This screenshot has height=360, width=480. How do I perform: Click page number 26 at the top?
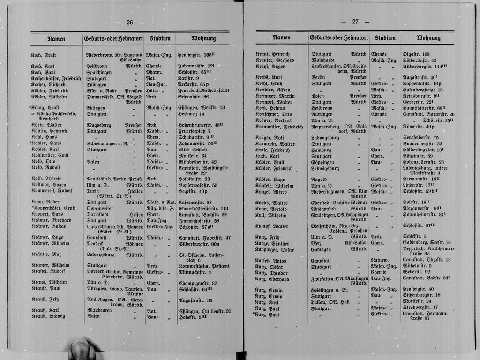(x=130, y=22)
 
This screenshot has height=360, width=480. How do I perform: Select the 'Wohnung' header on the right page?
(x=428, y=37)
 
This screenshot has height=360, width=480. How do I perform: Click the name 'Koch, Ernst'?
(x=44, y=55)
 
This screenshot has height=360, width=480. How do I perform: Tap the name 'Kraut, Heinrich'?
(x=273, y=54)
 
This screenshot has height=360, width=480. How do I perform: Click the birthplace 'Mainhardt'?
(x=324, y=60)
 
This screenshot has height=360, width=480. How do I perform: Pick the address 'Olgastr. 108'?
(x=416, y=54)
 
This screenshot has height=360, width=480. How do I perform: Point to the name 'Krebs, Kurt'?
(x=269, y=77)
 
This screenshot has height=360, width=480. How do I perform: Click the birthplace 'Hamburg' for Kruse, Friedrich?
(x=322, y=150)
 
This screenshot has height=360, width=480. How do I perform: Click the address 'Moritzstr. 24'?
(x=417, y=301)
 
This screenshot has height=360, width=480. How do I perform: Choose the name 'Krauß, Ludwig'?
(x=48, y=316)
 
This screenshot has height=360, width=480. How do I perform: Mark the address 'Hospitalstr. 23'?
(x=194, y=179)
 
